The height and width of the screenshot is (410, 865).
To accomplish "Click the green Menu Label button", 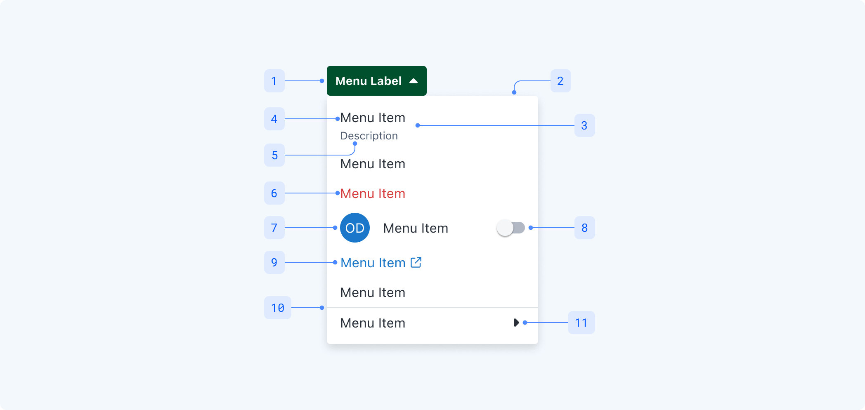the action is point(376,81).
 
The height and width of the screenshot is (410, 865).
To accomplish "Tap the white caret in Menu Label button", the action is point(414,81).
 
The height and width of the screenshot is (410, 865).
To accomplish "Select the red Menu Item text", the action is point(373,193).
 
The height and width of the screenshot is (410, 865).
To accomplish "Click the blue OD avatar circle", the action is point(355,228).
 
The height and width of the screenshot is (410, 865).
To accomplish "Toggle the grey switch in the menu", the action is point(511,228).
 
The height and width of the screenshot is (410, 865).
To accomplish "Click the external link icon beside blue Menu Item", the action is point(416,262).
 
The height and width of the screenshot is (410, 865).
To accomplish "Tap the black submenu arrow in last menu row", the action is point(516,323).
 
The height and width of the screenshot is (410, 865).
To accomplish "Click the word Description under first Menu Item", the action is point(369,136).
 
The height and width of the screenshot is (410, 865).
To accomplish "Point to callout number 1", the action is point(274,81).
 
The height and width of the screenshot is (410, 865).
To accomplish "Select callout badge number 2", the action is point(561,81).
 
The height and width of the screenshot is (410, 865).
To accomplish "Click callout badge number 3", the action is point(585,125).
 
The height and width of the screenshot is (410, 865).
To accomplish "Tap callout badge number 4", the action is point(274,119).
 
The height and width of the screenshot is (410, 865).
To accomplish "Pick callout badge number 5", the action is point(274,155).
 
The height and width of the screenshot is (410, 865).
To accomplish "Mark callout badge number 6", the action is point(274,193).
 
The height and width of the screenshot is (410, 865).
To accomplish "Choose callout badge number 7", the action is point(274,228).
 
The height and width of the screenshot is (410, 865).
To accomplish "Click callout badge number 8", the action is point(585,228).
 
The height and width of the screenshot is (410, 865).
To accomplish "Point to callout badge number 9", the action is point(274,262).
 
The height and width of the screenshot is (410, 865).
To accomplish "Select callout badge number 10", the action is point(278,308).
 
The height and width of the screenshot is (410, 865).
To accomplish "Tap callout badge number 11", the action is point(581,323).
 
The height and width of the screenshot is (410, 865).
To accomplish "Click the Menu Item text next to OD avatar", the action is point(416,228).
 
